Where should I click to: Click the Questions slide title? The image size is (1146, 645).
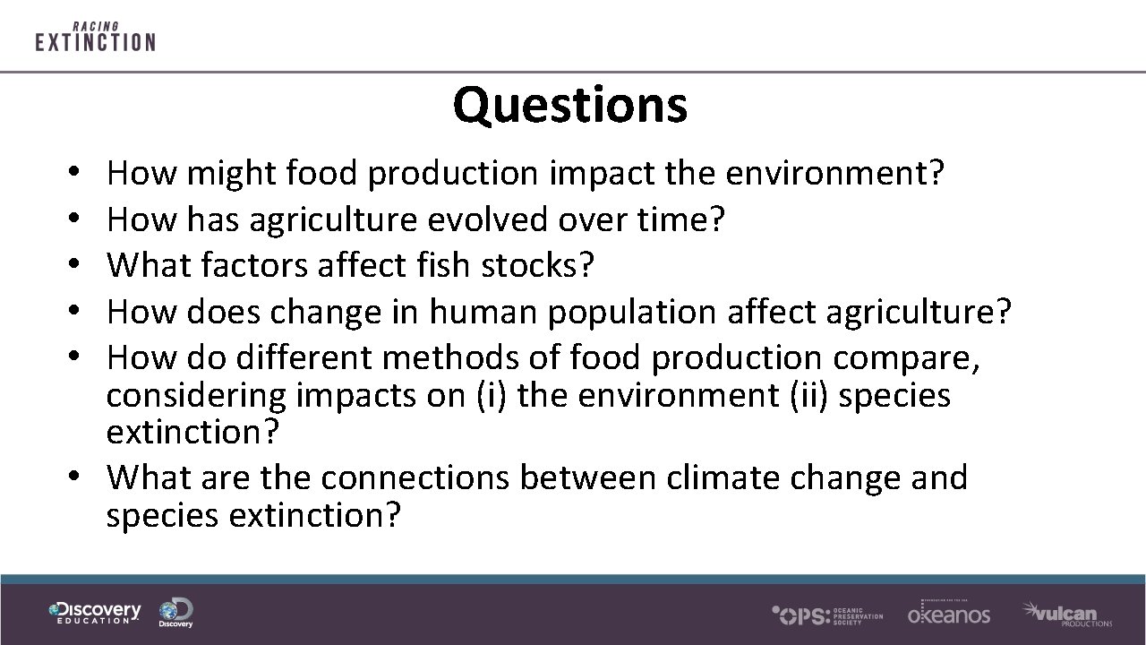click(x=570, y=104)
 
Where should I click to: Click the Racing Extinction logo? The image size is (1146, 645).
click(x=95, y=38)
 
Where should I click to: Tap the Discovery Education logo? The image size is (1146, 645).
click(x=95, y=613)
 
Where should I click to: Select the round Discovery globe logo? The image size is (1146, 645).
click(x=175, y=613)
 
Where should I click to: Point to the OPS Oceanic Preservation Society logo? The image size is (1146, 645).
click(x=826, y=615)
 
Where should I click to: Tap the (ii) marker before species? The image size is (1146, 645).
click(x=810, y=395)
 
